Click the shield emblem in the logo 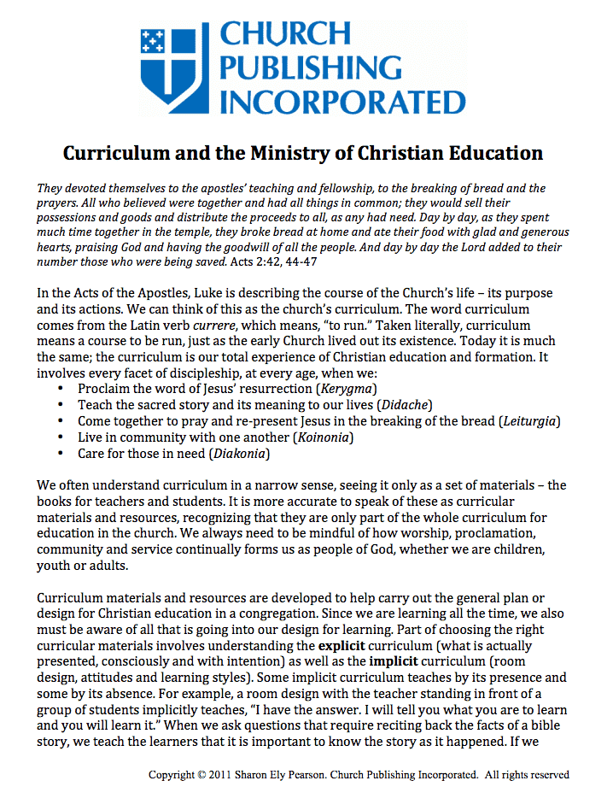(177, 64)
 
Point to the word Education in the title (493, 154)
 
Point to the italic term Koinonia (322, 437)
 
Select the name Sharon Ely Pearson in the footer (279, 775)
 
